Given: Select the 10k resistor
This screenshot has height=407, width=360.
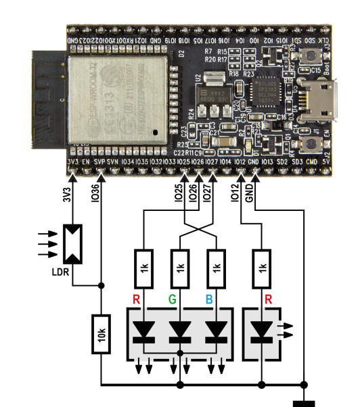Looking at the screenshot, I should (102, 335).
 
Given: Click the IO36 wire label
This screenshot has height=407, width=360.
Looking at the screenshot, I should (94, 194).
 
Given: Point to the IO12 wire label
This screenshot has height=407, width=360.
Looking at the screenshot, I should (235, 194).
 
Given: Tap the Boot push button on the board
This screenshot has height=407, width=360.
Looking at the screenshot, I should (312, 72).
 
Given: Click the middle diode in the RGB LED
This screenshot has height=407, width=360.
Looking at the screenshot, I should (179, 330).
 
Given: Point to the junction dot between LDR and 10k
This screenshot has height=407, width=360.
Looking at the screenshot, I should (102, 286).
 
